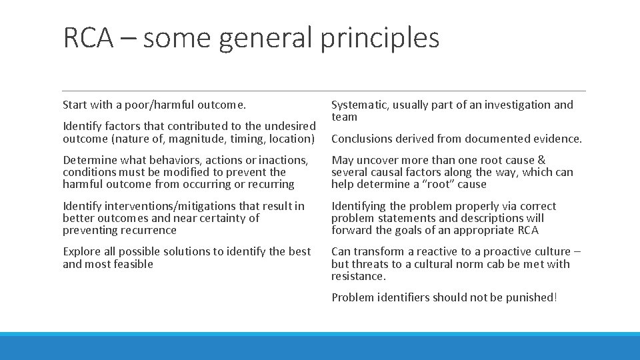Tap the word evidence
pyautogui.click(x=556, y=139)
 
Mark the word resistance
pyautogui.click(x=358, y=276)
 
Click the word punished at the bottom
pyautogui.click(x=531, y=297)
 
